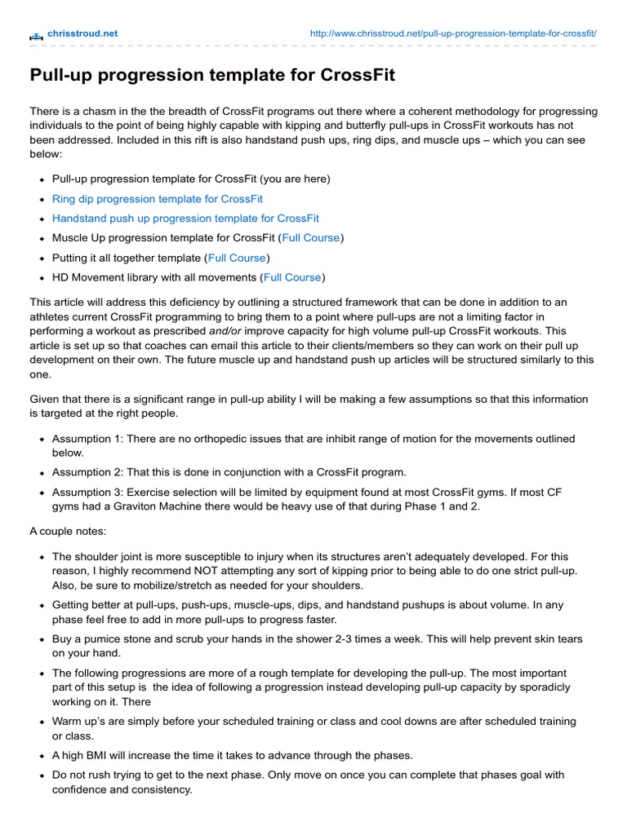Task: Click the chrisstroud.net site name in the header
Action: click(x=82, y=33)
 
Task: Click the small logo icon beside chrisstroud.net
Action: click(x=36, y=35)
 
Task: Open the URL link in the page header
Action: click(x=453, y=33)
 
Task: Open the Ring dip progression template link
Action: click(x=158, y=198)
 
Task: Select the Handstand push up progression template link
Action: click(x=185, y=219)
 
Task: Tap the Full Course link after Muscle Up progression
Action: click(x=311, y=238)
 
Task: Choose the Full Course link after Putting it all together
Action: click(x=238, y=258)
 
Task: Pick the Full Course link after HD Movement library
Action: click(x=292, y=277)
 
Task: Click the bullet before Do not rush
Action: click(x=41, y=775)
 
